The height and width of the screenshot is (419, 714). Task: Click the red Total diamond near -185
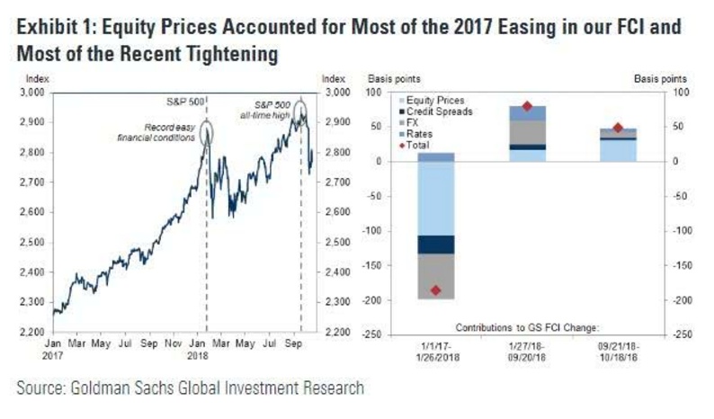click(436, 290)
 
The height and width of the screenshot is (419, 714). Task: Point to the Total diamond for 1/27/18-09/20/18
click(526, 106)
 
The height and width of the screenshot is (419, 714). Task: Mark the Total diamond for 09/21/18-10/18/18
click(617, 128)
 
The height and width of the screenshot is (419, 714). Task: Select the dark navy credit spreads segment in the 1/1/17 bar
click(436, 245)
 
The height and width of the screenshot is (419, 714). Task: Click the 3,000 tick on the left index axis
click(32, 93)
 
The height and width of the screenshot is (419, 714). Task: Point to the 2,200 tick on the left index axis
click(32, 334)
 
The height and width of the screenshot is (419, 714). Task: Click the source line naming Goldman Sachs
click(189, 388)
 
